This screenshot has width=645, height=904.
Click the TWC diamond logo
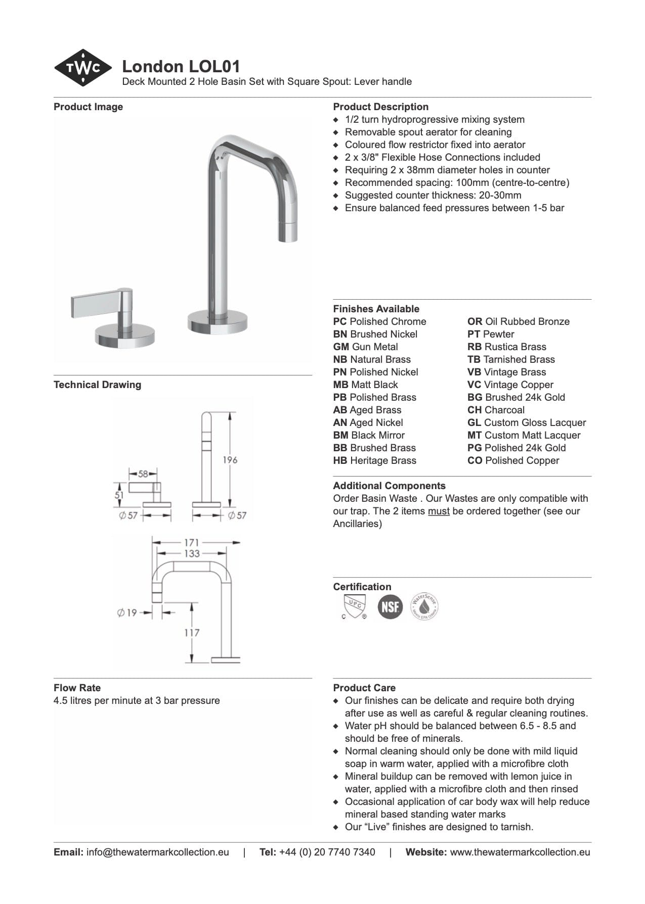click(x=83, y=68)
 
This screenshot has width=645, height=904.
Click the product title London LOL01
click(x=181, y=66)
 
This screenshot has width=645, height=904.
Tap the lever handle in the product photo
click(x=96, y=306)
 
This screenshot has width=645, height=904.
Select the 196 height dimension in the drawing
click(x=230, y=460)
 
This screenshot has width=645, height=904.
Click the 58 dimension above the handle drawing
click(x=143, y=474)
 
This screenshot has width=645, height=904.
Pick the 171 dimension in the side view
click(x=191, y=543)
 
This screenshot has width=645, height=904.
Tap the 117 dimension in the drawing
click(x=192, y=633)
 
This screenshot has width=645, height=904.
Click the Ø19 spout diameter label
click(x=127, y=613)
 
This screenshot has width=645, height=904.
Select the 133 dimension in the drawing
click(x=192, y=554)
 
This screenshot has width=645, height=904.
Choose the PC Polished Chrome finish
click(x=379, y=321)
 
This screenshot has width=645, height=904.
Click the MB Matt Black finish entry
click(x=365, y=385)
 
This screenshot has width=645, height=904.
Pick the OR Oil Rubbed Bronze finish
click(x=518, y=321)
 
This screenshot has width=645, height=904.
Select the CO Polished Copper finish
click(x=513, y=460)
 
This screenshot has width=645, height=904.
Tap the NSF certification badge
click(x=390, y=606)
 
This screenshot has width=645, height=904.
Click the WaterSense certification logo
click(x=424, y=606)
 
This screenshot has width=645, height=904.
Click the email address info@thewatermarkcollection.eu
click(x=157, y=852)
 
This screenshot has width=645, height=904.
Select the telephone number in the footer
click(x=327, y=852)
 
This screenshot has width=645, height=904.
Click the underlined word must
click(x=439, y=511)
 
